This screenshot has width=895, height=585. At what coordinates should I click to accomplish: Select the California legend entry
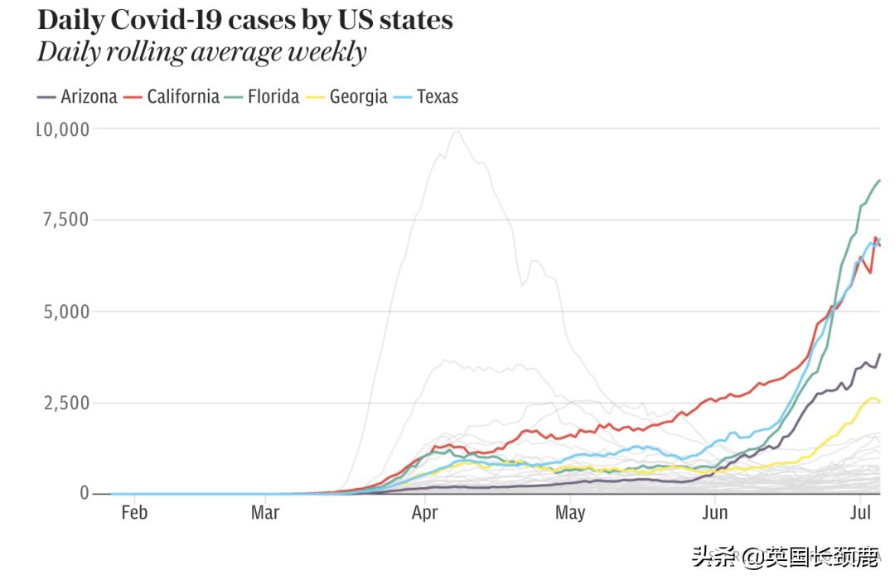[x=172, y=97]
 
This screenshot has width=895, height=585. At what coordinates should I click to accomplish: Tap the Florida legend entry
[x=262, y=97]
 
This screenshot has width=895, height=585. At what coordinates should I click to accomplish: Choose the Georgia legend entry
[x=349, y=97]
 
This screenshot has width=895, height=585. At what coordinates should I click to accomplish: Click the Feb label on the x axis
[x=134, y=513]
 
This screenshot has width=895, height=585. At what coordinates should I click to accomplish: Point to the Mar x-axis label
[x=265, y=513]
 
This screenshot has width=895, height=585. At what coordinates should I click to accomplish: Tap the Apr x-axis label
[x=424, y=513]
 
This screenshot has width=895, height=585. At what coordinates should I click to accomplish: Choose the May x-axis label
[x=570, y=513]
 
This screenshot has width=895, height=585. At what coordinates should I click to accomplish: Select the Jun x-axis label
[x=714, y=513]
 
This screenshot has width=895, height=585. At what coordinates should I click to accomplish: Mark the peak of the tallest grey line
[x=455, y=131]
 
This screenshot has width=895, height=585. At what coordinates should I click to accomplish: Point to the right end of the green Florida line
[x=879, y=180]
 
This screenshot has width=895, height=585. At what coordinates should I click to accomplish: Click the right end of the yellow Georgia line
[x=879, y=403]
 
